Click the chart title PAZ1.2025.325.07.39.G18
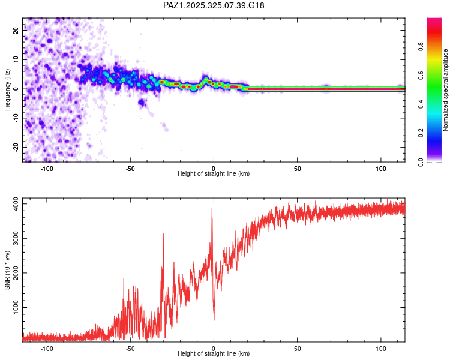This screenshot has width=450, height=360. [x=214, y=5]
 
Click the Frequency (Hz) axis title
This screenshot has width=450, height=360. [x=7, y=90]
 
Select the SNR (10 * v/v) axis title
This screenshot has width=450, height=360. [x=7, y=269]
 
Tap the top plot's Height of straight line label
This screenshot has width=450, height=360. [x=214, y=174]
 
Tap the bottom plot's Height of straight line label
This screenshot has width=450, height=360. [x=214, y=354]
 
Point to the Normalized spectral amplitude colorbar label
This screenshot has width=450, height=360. [x=445, y=90]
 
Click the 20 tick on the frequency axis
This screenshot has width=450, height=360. [x=16, y=32]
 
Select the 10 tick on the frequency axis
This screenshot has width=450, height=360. [x=16, y=61]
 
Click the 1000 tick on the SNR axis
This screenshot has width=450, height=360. [x=13, y=308]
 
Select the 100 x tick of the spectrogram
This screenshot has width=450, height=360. [x=380, y=169]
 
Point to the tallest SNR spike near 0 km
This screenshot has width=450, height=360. [x=212, y=209]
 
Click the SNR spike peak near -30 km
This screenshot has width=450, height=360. [x=163, y=234]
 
